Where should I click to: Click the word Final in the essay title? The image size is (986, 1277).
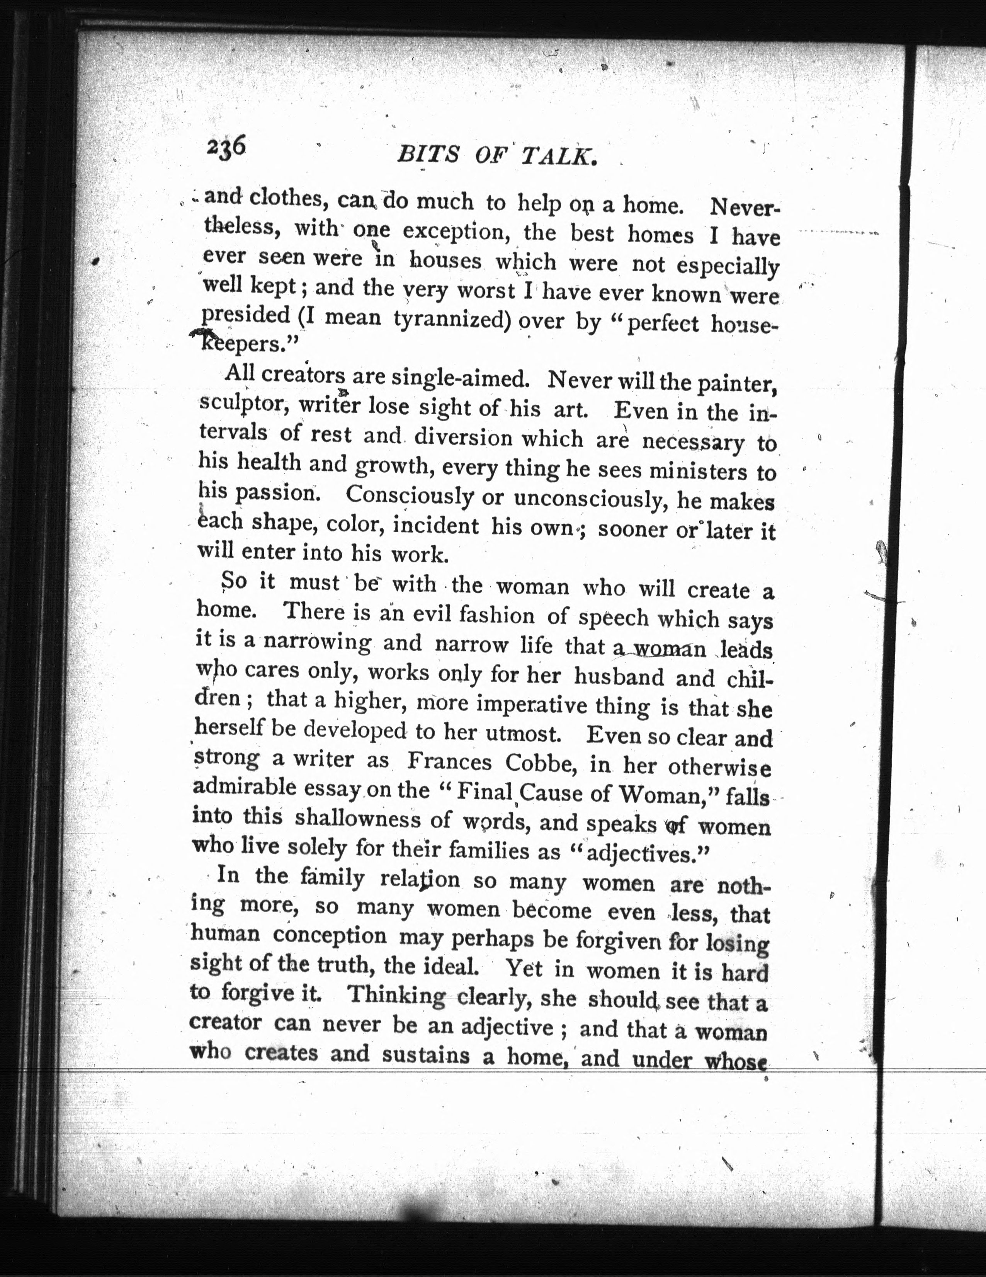click(484, 792)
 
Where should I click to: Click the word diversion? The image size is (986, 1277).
click(464, 438)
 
